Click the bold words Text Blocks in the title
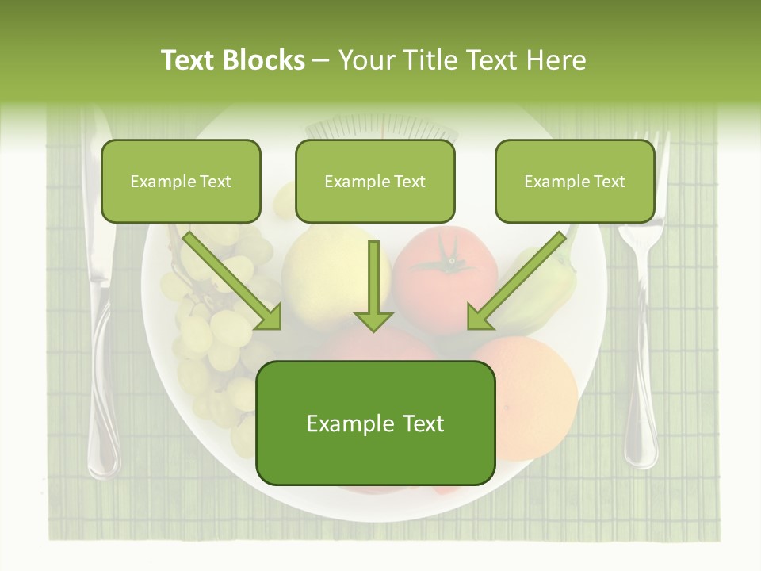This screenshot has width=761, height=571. point(232,59)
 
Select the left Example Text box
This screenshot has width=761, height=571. point(181,182)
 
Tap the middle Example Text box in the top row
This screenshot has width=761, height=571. point(375,182)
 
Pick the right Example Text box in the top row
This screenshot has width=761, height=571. point(575,182)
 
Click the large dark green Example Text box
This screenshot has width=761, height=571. point(375,423)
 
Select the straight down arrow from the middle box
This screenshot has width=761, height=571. point(373,285)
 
